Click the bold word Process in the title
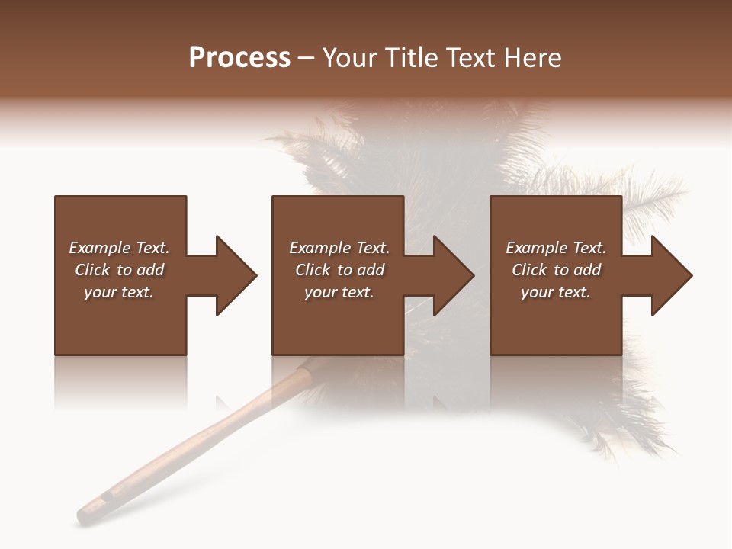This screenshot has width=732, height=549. point(239,58)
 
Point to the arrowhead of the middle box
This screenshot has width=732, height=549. point(453,275)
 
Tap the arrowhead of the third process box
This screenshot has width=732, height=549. point(671,275)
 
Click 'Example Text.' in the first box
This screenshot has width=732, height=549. point(119,248)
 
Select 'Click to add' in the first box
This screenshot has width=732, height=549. point(119,270)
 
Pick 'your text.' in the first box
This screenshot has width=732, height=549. point(119,292)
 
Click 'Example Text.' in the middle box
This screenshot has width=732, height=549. point(339,248)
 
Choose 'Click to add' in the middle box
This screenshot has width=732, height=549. point(339,270)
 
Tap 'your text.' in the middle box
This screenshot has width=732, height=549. point(339,292)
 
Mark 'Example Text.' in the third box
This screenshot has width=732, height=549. point(556,248)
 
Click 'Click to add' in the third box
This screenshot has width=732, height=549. point(556,270)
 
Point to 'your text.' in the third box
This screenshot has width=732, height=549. point(556,292)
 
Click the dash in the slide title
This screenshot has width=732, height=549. point(306,58)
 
